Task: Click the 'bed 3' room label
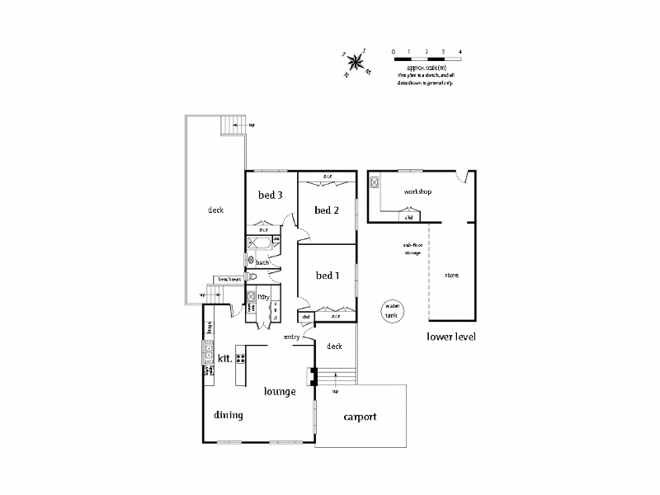pos(271,196)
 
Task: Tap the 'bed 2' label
pos(328,210)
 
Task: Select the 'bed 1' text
pos(328,275)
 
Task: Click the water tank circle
pos(390,310)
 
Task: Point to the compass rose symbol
pos(356,61)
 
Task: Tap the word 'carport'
pos(360,417)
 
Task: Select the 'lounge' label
pos(280,391)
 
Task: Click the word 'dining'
pos(229,415)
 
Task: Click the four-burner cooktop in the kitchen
pos(242,358)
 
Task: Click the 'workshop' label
pos(417,191)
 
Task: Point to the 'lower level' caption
pos(452,337)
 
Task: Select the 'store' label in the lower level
pos(451,275)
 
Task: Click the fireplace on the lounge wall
pos(312,376)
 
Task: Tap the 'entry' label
pos(291,337)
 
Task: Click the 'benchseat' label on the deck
pos(230,280)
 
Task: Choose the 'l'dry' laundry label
pos(264,297)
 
